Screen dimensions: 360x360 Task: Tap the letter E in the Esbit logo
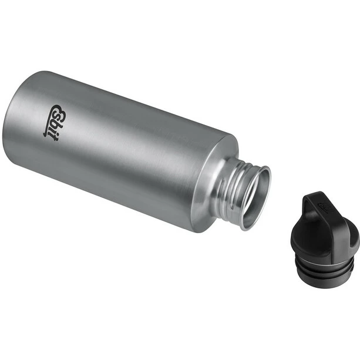(57, 109)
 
